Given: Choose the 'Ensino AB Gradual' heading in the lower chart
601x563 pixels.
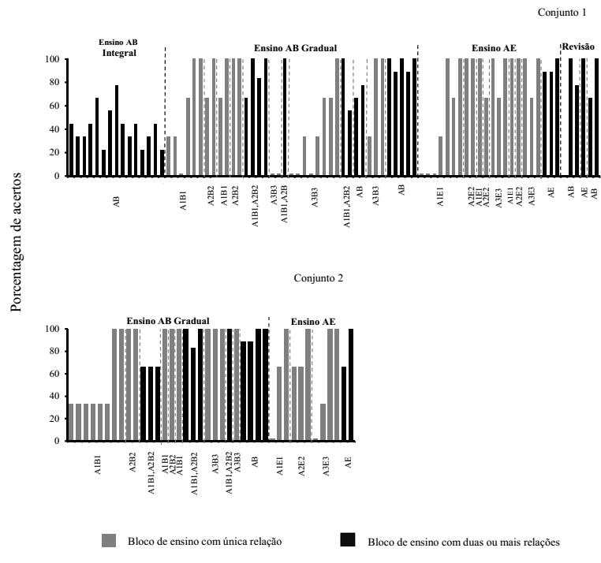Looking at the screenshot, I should pyautogui.click(x=168, y=321).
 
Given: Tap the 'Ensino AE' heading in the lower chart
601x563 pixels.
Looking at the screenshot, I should pyautogui.click(x=313, y=322).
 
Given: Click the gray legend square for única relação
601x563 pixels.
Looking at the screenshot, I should pyautogui.click(x=109, y=540).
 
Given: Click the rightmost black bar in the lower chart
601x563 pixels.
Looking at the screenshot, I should pyautogui.click(x=350, y=385).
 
